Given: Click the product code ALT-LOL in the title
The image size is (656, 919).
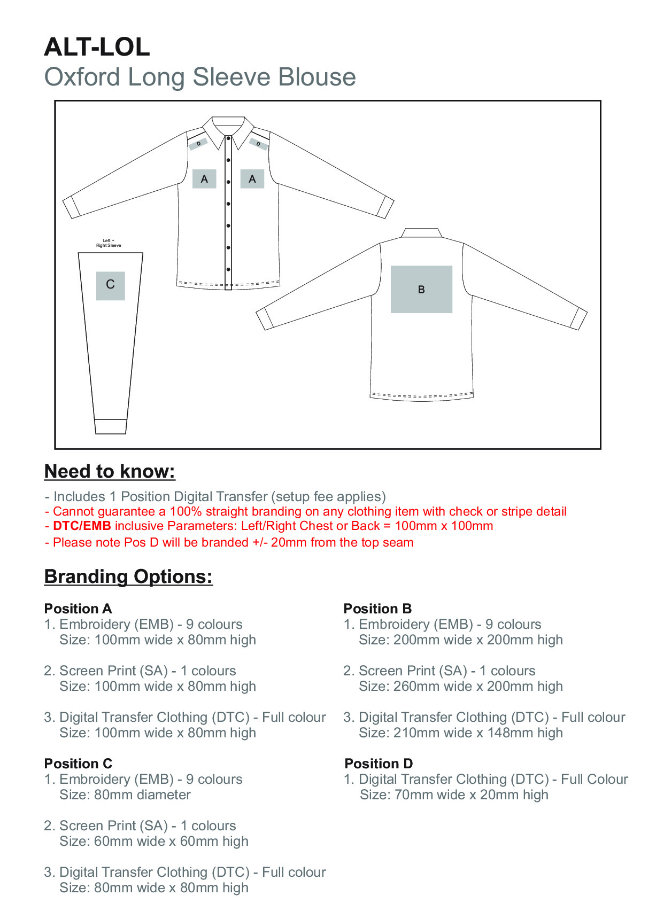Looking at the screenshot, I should point(97,47).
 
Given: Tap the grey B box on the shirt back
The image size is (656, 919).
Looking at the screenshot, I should point(421,289).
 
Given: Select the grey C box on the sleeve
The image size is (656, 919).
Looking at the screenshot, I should point(110,285).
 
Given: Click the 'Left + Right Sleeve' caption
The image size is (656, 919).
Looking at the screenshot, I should point(109,243).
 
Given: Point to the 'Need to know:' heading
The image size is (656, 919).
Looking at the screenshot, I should point(110,471).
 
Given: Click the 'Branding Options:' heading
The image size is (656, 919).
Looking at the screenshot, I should point(128,577).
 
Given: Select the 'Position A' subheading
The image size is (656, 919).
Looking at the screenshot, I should point(78,609).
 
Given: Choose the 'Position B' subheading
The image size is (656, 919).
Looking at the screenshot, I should point(377,609).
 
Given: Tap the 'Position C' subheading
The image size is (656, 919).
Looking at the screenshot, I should point(78,764).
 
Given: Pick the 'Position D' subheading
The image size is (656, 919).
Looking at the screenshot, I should point(379,764).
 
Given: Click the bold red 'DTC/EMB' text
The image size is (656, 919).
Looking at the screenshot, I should point(82,526).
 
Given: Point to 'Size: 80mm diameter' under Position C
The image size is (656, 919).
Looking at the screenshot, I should point(125,795).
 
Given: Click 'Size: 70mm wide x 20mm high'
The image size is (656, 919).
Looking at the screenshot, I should point(454,795).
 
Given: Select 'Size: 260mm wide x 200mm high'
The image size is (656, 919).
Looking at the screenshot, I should point(461,686).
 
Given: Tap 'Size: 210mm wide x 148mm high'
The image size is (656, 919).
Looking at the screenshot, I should point(461,733).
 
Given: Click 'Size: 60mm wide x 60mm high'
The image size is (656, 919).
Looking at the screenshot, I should point(154,841).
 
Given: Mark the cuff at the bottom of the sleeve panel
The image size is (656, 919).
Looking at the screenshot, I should point(111,426).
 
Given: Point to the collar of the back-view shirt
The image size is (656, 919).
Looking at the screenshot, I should point(421,233).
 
